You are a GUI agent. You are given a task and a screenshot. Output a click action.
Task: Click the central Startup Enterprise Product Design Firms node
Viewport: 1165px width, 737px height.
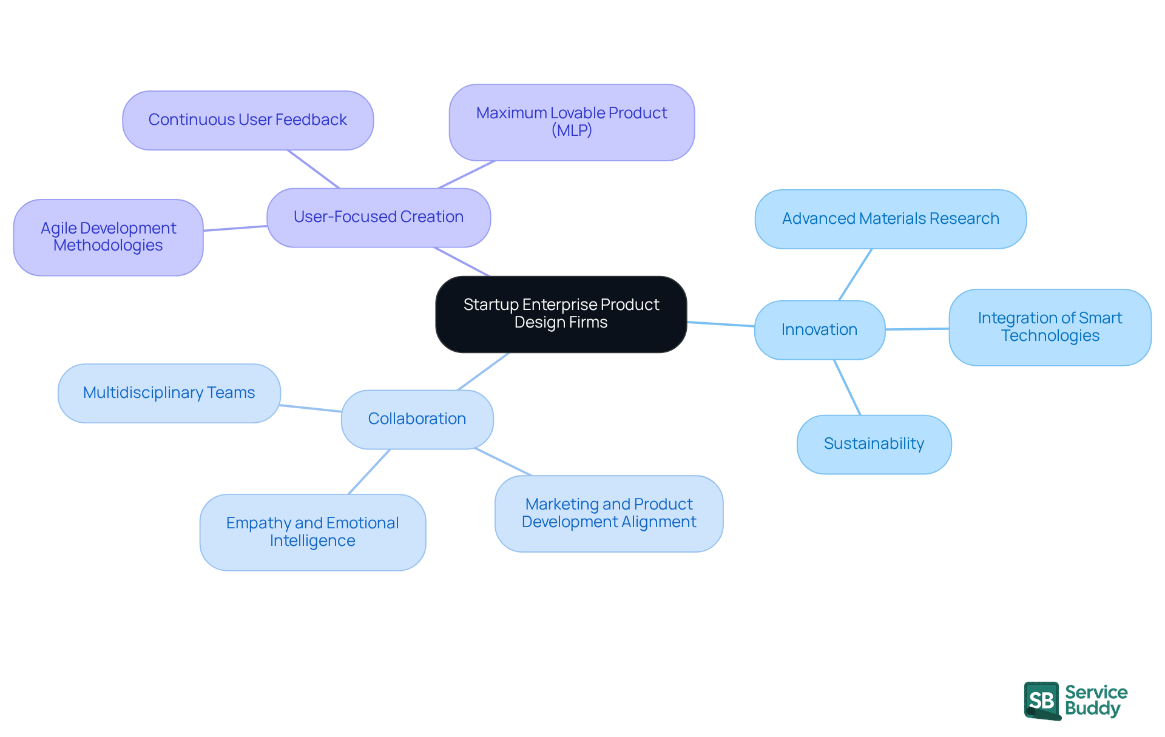point(561,314)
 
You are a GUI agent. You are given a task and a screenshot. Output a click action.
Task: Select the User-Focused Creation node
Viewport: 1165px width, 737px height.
point(378,217)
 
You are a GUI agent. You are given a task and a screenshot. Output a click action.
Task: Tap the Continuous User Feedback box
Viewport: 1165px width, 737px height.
point(248,120)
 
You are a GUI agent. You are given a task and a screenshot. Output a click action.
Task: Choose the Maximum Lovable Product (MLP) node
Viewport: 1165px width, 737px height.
point(572,122)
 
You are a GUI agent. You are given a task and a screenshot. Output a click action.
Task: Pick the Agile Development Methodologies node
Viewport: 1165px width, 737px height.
point(108,237)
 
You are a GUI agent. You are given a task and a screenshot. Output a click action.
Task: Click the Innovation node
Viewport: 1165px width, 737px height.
point(819,329)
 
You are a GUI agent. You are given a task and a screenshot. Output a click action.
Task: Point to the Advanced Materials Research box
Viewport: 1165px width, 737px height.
point(890,219)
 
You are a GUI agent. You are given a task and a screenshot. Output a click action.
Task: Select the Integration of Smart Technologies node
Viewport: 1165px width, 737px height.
point(1050,327)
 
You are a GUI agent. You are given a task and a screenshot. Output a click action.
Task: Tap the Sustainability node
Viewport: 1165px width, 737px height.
point(874,444)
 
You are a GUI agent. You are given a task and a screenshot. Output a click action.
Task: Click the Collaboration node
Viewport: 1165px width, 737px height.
point(417,419)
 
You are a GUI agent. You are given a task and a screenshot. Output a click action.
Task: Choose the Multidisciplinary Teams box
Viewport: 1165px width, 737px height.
point(169,393)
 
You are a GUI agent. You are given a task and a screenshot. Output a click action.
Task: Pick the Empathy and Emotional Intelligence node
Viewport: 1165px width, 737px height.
point(312,532)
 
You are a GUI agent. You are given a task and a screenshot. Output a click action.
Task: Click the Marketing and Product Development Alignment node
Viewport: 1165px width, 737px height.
point(609,513)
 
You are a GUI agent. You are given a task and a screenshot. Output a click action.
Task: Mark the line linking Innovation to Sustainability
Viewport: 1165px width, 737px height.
point(847,387)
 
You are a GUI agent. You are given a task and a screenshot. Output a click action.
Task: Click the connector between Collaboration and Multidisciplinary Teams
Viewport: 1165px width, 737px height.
point(311,408)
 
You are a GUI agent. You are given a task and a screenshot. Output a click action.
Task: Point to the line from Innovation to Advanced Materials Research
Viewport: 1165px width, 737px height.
point(856,274)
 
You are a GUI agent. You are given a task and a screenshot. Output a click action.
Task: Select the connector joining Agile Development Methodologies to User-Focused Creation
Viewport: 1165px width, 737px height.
point(235,228)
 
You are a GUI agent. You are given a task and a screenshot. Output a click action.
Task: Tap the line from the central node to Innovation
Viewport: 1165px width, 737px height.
point(721,324)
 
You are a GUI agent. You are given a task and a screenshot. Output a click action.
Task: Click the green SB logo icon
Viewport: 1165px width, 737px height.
point(1042,701)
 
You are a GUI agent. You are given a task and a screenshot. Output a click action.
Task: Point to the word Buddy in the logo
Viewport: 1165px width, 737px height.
point(1092,708)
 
